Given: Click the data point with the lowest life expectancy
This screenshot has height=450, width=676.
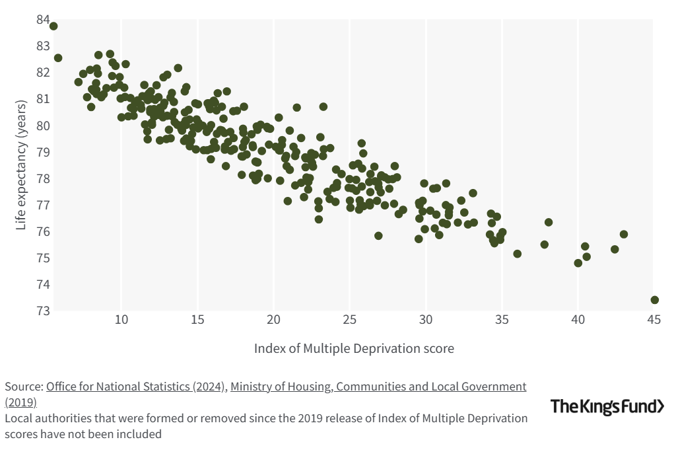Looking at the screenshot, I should (654, 300).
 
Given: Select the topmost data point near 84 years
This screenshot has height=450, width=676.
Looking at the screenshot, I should (53, 26).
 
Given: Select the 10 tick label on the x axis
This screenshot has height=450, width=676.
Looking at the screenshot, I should (121, 320).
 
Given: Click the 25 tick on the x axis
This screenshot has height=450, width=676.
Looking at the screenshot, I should (349, 320).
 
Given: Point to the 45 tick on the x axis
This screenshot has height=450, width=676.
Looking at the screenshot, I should (654, 320).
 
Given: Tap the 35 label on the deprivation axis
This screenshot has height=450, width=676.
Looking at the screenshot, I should (502, 320).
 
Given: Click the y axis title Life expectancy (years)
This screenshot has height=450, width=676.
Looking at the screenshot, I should (22, 165).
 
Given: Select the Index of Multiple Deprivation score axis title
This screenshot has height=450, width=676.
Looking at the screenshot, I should (354, 348).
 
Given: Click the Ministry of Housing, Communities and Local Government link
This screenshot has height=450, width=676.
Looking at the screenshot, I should (378, 387).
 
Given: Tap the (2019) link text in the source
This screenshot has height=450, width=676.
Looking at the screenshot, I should (21, 402).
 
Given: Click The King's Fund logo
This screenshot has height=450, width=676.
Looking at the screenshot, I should (607, 406).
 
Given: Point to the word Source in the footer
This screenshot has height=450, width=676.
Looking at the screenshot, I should (23, 387).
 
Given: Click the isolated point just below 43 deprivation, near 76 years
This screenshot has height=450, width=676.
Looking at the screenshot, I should (623, 235).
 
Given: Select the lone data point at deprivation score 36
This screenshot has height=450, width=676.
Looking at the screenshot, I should (517, 254).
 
